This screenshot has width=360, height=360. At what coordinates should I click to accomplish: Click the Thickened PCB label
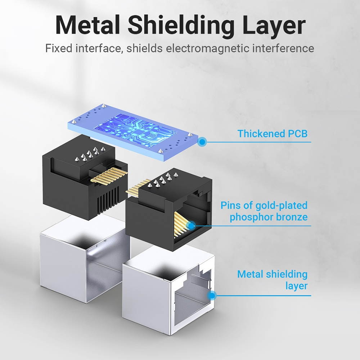click(x=273, y=134)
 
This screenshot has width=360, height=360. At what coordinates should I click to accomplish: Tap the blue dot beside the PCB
click(x=202, y=142)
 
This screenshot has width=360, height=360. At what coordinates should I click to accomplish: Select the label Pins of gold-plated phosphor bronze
click(x=264, y=211)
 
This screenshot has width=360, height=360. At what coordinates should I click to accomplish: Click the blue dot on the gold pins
click(x=191, y=226)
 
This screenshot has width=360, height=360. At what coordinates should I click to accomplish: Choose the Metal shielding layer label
click(x=273, y=280)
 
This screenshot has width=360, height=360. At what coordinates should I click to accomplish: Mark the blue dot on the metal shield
click(x=212, y=296)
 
